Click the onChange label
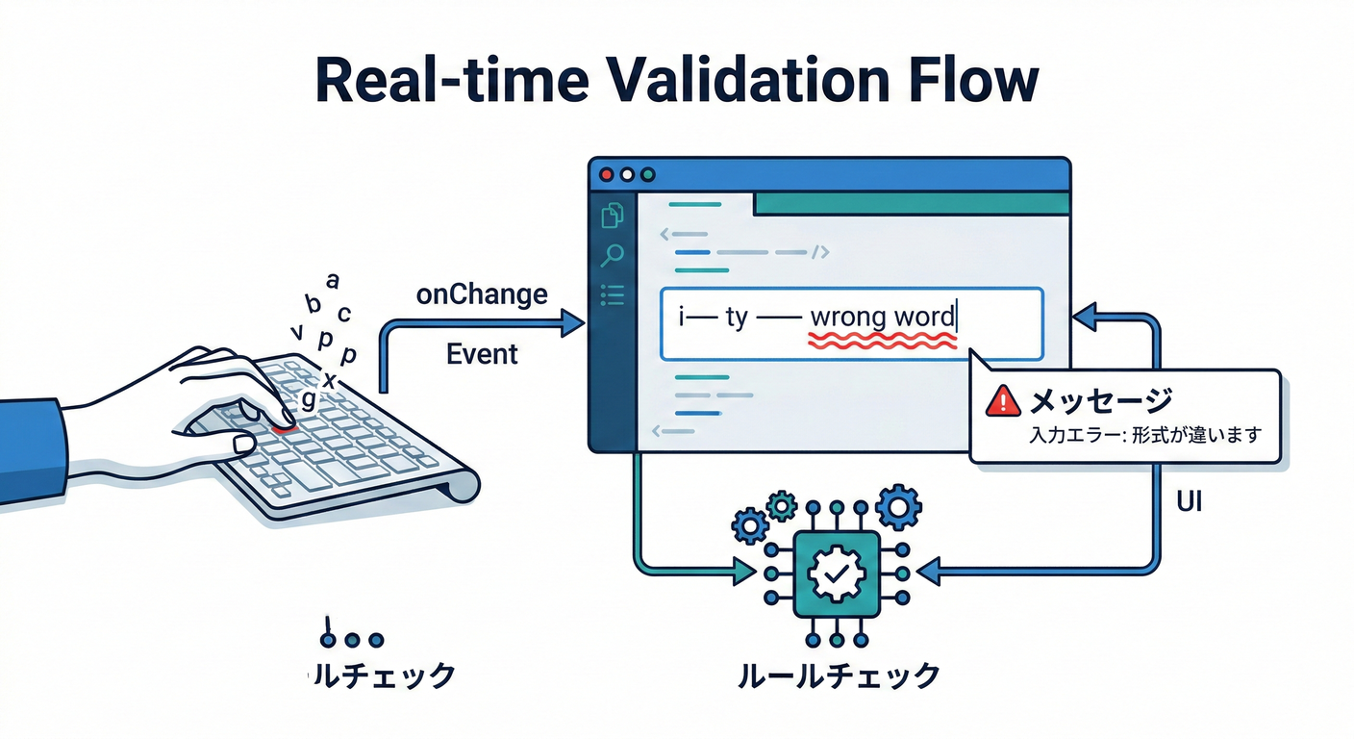click(x=482, y=294)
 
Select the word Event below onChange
click(x=482, y=354)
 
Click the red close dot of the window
click(x=607, y=175)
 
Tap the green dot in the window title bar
click(x=648, y=175)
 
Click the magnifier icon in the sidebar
click(x=612, y=255)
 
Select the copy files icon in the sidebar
click(x=612, y=216)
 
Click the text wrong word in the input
click(x=883, y=316)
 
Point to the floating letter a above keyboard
click(x=333, y=281)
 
